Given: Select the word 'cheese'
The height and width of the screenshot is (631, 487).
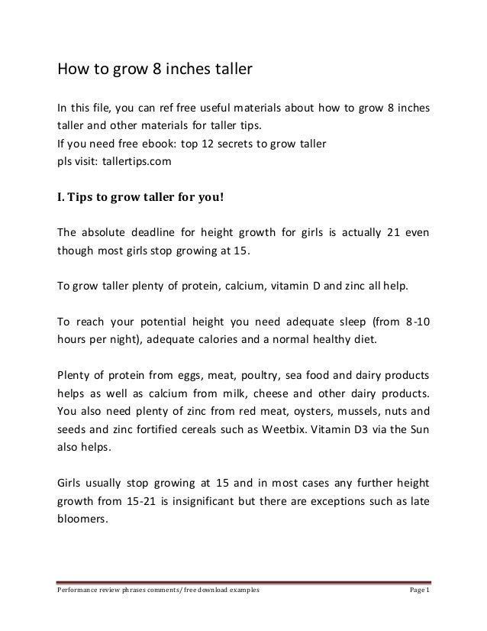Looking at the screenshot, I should point(275,394).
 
